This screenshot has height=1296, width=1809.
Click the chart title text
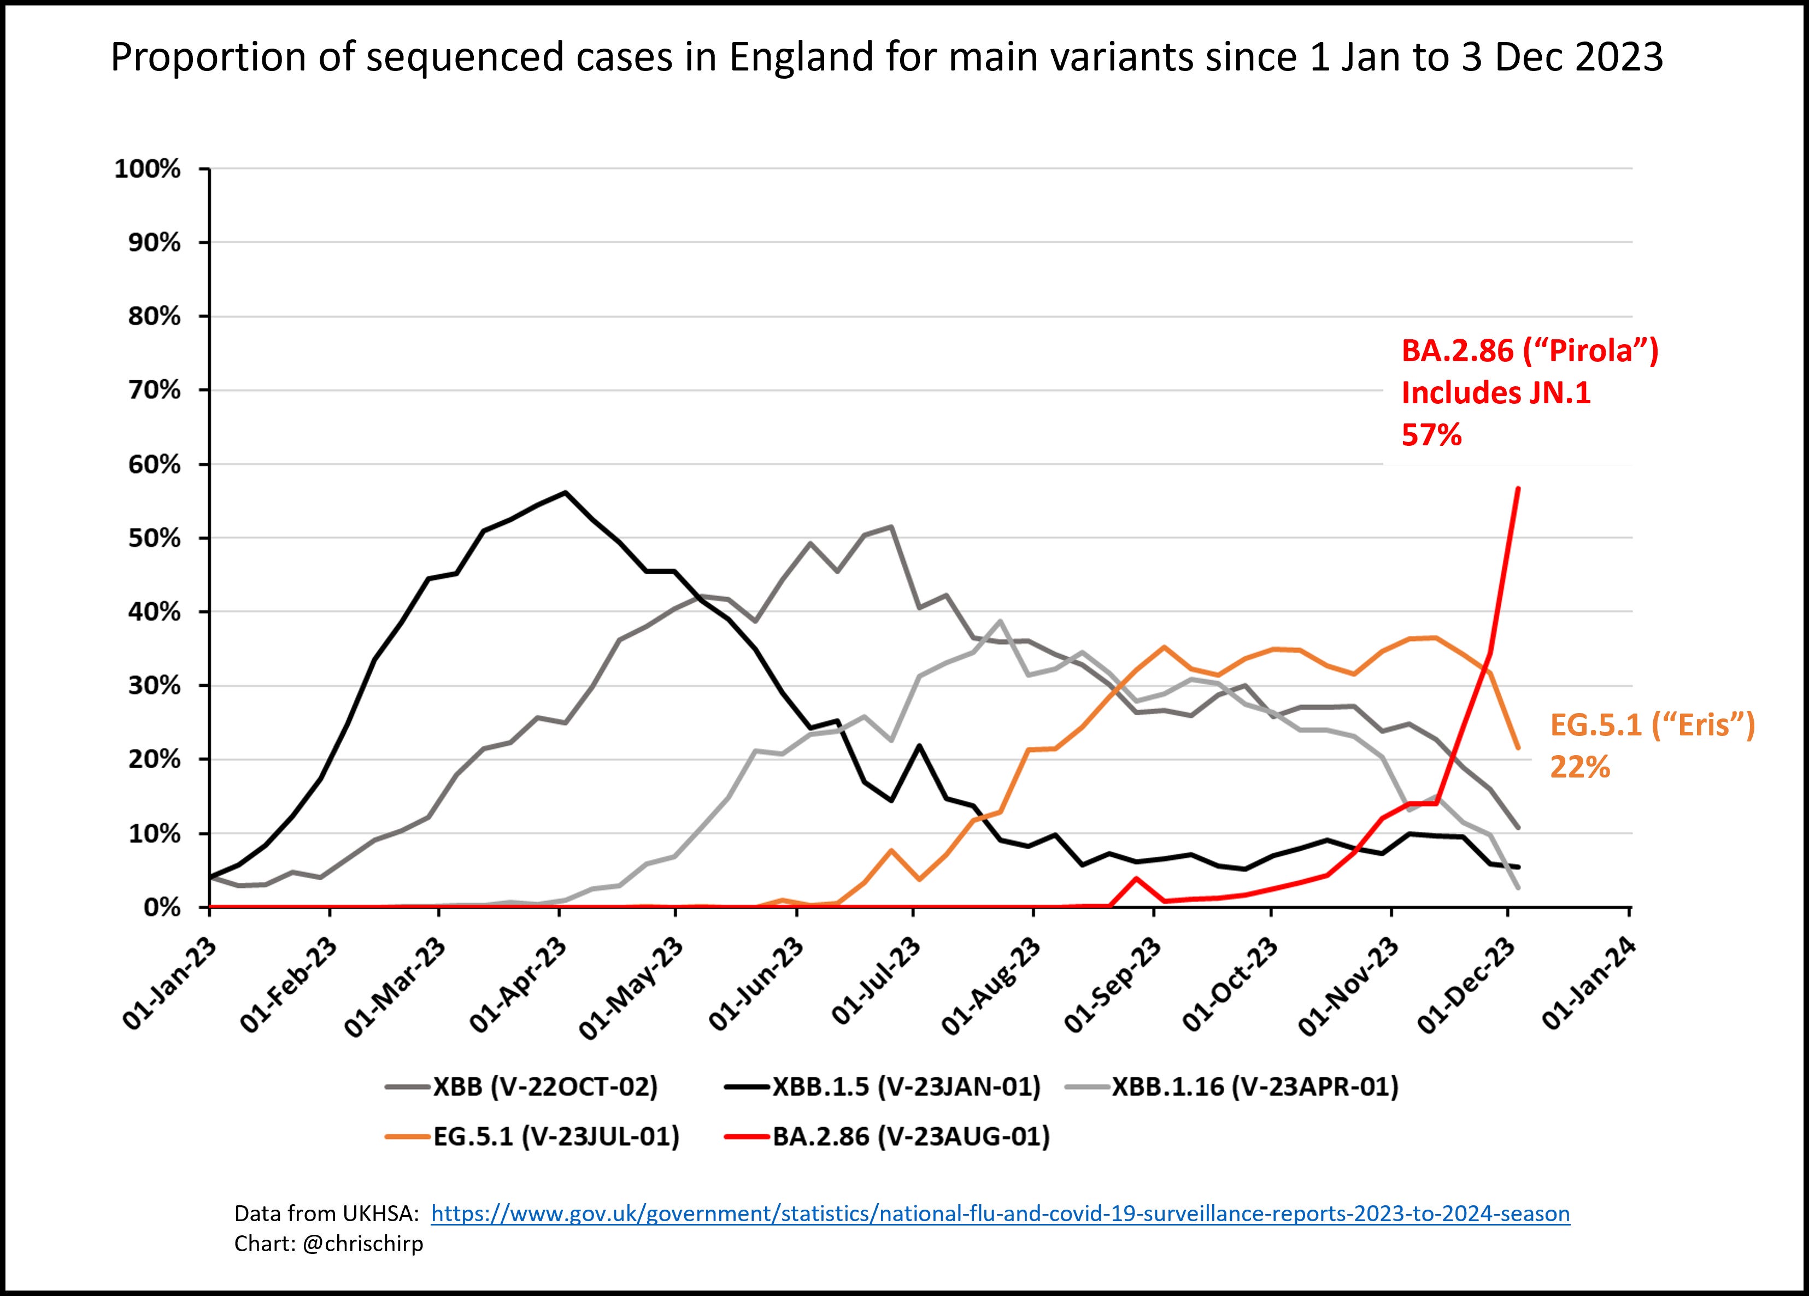coord(886,57)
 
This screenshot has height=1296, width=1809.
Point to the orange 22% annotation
coord(1580,767)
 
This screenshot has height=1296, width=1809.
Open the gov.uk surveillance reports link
coord(1000,1213)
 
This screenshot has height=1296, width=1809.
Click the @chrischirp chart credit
coord(363,1244)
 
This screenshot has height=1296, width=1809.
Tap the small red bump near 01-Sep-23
coord(1136,879)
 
